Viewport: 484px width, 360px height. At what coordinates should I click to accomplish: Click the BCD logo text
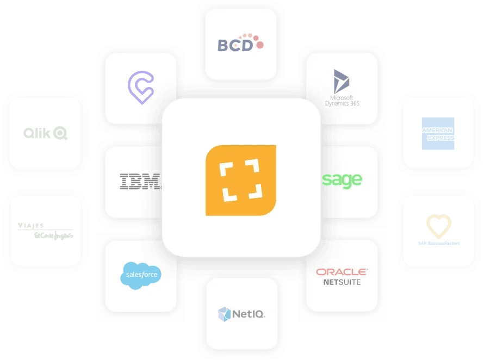coord(235,45)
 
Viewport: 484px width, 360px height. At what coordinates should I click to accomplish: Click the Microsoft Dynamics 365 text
coord(342,98)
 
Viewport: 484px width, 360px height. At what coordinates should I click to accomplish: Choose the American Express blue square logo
coord(438,133)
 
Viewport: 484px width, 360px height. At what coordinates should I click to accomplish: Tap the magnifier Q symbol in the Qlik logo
coord(60,133)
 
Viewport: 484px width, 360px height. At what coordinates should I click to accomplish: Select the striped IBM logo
coord(140,182)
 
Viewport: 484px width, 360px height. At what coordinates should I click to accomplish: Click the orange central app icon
coord(241,180)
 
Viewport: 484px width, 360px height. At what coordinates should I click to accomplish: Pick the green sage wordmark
coord(342,180)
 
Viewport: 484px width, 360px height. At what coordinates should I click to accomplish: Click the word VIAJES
coord(30,225)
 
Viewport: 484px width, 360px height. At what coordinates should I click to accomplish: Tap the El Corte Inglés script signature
coord(53,235)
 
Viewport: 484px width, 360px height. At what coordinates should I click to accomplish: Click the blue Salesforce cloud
coord(140,275)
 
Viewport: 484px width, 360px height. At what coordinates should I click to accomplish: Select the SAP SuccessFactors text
coord(438,243)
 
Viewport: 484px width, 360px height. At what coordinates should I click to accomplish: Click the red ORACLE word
coord(342,271)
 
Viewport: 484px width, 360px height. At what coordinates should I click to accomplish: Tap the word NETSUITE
coord(342,282)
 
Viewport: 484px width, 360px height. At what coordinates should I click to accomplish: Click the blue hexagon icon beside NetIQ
coord(224,314)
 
